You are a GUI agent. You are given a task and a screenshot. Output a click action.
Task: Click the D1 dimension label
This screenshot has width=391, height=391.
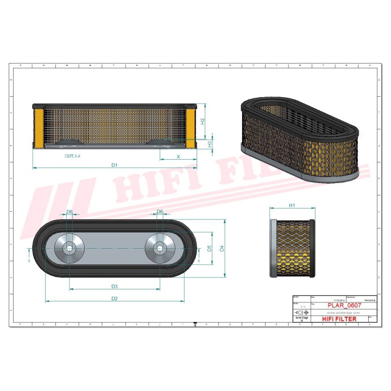click(114, 164)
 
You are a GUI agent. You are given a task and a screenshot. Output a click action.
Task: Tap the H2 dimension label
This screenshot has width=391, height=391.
click(202, 122)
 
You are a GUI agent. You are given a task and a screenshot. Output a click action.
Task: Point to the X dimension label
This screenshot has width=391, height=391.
click(178, 156)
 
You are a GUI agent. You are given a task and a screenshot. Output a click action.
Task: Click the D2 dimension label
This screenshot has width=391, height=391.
click(115, 298)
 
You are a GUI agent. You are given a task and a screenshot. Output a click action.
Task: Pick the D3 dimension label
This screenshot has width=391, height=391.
click(115, 286)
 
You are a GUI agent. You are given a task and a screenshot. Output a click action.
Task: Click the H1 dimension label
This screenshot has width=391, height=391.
click(292, 206)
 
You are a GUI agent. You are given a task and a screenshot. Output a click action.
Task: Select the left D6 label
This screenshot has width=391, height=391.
click(69, 211)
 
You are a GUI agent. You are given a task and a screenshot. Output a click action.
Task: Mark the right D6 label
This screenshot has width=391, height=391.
click(160, 211)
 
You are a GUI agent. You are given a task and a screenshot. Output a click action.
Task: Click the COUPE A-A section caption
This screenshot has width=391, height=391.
click(70, 156)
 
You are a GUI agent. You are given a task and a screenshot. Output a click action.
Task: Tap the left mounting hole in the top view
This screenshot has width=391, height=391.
click(69, 248)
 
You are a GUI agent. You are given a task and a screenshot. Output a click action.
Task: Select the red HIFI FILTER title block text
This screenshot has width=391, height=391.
click(339, 319)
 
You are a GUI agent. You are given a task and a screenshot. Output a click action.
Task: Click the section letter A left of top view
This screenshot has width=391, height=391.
click(29, 260)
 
